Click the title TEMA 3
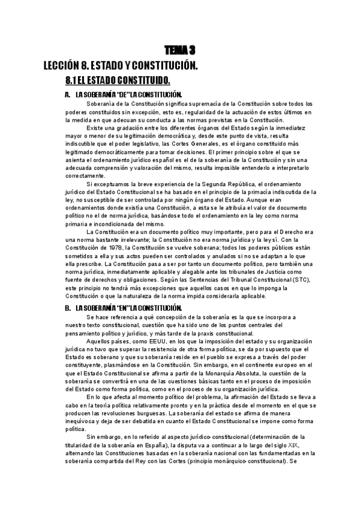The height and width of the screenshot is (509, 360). pos(181,50)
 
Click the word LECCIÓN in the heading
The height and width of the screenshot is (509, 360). pos(61,65)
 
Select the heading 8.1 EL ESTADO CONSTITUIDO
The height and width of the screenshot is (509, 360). pos(118,80)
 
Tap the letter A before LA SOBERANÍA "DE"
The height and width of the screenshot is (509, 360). pos(67,95)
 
